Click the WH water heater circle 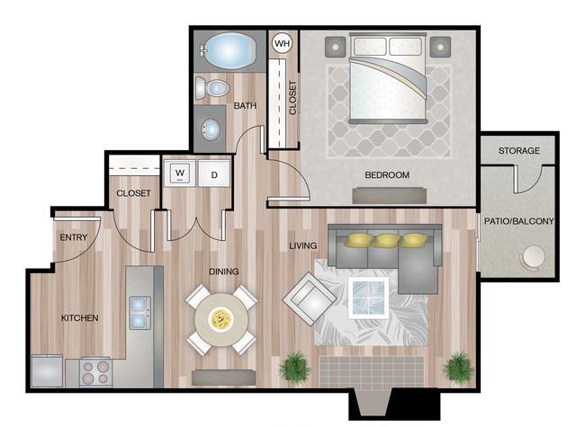pos(282,43)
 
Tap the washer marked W pos(180,173)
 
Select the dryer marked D pos(214,173)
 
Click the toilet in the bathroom pos(211,88)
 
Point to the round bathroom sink pos(210,129)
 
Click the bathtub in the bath pos(229,50)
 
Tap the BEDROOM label pos(387,174)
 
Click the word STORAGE pos(519,150)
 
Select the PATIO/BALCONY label pos(518,221)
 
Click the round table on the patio pos(534,256)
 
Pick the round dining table pos(221,320)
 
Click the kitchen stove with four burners pos(95,372)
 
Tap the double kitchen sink pos(139,313)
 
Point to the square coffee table pos(368,298)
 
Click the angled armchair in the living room pos(310,298)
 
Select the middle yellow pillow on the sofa pos(386,240)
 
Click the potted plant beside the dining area pos(294,367)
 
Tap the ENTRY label pos(74,237)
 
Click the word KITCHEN pos(80,318)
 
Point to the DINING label pos(224,271)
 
